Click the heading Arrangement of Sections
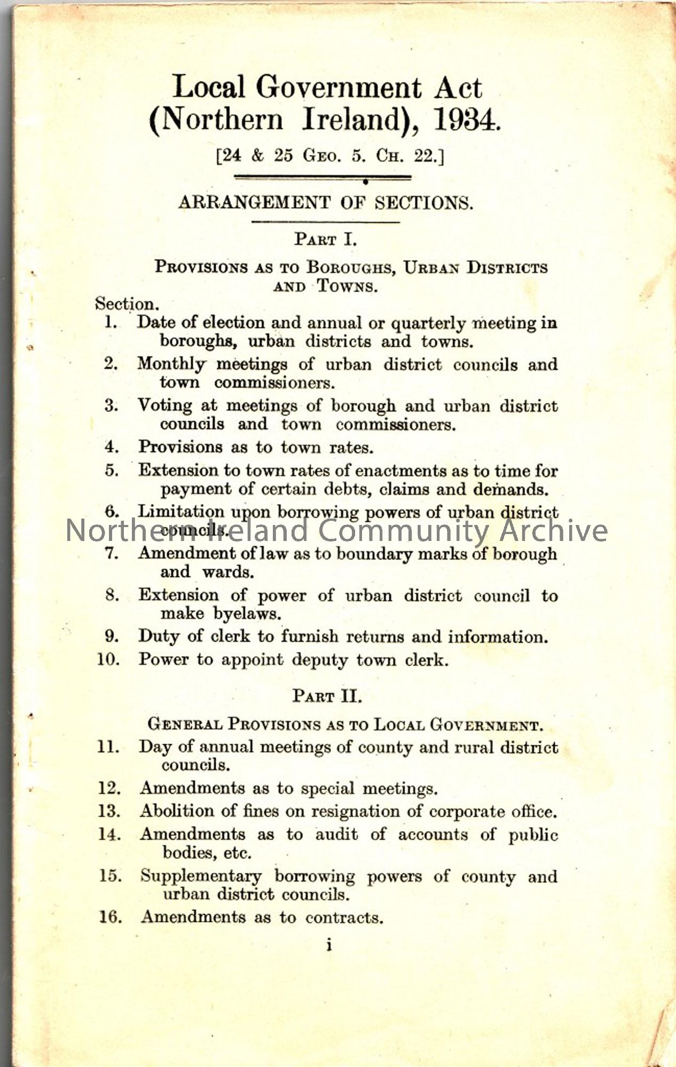(326, 203)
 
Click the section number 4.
(112, 447)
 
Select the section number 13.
(109, 811)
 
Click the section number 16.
(109, 917)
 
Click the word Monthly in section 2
(171, 364)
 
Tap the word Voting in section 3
(165, 405)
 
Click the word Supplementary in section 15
(201, 876)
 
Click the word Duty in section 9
(155, 636)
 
